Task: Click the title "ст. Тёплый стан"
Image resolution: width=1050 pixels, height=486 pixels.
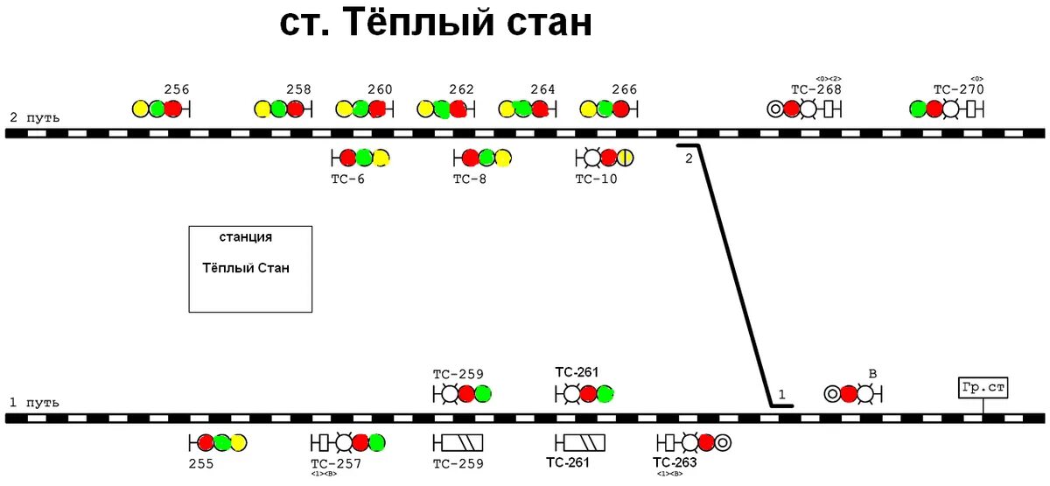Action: coord(436,24)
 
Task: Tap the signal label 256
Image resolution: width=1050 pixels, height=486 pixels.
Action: coord(177,89)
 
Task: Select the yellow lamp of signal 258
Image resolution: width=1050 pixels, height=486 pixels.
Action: coord(262,109)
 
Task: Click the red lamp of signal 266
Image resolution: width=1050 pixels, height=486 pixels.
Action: coord(620,109)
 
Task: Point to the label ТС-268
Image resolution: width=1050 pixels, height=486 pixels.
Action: coord(815,89)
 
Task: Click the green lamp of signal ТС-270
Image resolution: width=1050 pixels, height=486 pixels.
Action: coord(918,109)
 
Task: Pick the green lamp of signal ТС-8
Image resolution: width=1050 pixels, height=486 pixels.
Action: coord(486,158)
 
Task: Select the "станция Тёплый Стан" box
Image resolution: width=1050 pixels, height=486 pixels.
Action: coord(250,269)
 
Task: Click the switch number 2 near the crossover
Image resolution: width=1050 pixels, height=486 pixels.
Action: coord(689,158)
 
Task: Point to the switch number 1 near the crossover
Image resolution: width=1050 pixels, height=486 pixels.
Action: coord(782,395)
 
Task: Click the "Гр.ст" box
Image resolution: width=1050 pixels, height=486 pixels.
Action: coord(983,388)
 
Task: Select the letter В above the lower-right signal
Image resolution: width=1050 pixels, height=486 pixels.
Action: coord(871,375)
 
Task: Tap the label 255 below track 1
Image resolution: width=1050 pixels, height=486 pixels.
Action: coord(201,463)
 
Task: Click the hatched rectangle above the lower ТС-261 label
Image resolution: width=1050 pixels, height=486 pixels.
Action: coord(580,442)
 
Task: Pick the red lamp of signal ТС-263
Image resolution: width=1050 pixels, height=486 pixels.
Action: coord(706,442)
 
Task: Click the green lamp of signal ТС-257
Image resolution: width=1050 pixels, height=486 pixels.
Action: coord(376,442)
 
